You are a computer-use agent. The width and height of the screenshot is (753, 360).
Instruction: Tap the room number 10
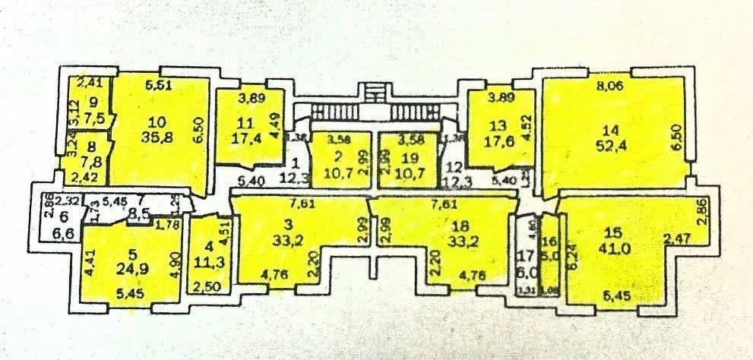(x=158, y=122)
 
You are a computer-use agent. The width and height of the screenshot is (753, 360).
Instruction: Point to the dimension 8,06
(x=609, y=87)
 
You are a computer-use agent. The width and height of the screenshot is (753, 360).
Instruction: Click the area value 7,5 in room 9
(x=93, y=118)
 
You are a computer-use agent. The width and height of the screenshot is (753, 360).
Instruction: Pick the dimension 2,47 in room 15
(x=676, y=240)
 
